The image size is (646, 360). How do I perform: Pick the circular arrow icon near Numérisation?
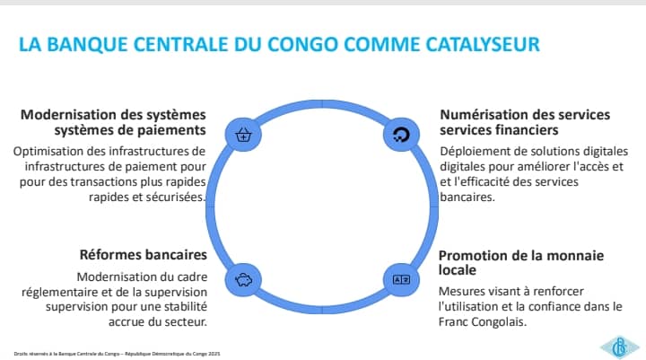click(401, 135)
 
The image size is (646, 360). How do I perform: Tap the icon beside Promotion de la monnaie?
click(401, 279)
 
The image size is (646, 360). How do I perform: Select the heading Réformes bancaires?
click(144, 254)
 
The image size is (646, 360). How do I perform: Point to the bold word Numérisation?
click(486, 115)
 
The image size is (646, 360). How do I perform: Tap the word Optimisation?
click(50, 150)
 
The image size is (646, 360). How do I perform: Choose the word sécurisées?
click(175, 197)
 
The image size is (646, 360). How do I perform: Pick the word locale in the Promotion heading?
click(458, 269)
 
